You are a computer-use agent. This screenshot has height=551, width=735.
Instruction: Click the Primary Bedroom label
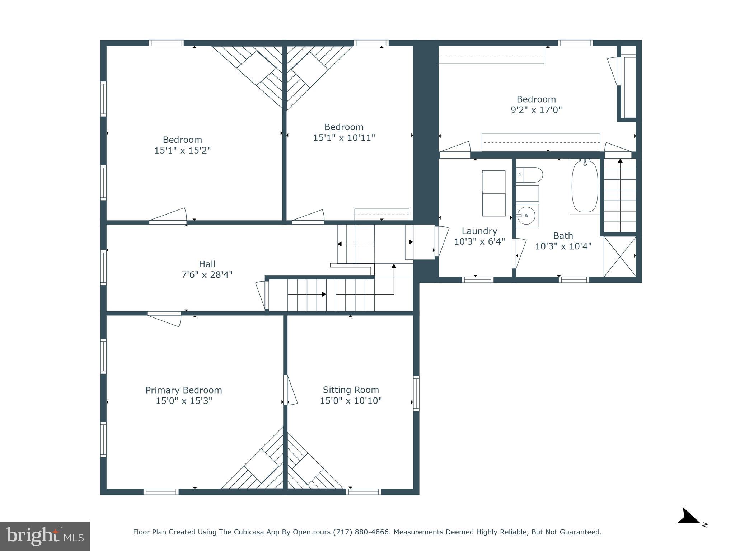coord(183,390)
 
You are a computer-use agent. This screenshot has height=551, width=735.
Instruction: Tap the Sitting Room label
coord(351,390)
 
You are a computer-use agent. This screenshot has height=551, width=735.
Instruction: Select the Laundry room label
coord(479,231)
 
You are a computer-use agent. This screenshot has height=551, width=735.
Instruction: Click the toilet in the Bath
coord(530,175)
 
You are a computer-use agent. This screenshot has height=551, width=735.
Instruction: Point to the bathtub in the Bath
coord(585,187)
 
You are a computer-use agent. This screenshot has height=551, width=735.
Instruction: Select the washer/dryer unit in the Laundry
coord(493,193)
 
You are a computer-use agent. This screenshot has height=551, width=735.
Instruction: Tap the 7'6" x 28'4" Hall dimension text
coord(207,275)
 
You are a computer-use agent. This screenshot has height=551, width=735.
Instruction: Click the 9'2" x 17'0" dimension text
coord(536,110)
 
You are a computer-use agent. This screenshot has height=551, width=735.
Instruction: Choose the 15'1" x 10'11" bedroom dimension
coord(344,138)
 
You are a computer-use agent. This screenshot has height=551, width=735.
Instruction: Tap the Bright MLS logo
coord(45,536)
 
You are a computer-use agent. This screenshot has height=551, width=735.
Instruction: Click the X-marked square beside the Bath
coord(620,256)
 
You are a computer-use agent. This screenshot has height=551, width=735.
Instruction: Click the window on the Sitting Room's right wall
coord(416,393)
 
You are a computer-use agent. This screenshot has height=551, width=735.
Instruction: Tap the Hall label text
coord(207,264)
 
